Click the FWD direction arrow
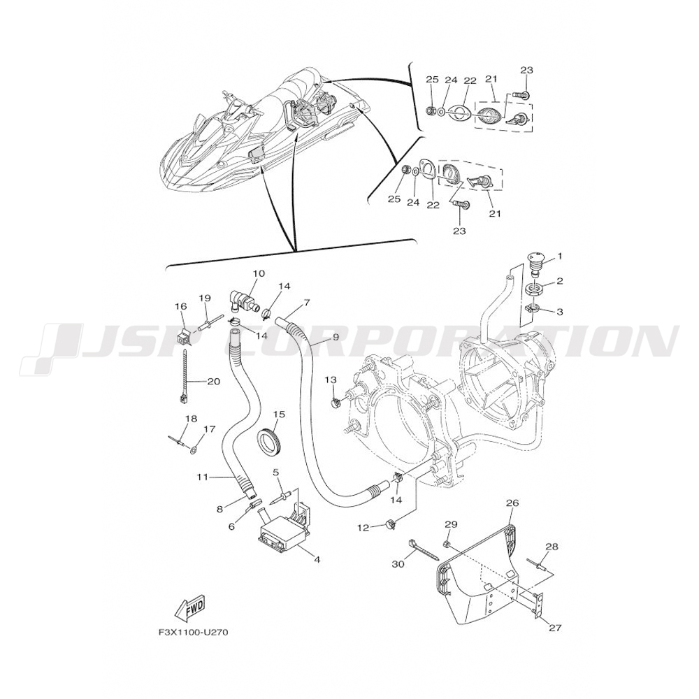pos(189,610)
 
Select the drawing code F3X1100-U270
pos(194,633)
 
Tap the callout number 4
pos(317,560)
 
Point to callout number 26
pos(512,503)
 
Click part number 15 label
pos(279,415)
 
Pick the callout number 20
pos(213,381)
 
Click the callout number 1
pos(559,256)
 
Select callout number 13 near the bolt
pos(331,379)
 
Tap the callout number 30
pos(398,564)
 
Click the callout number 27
pos(555,627)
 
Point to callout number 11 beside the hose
pos(202,477)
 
